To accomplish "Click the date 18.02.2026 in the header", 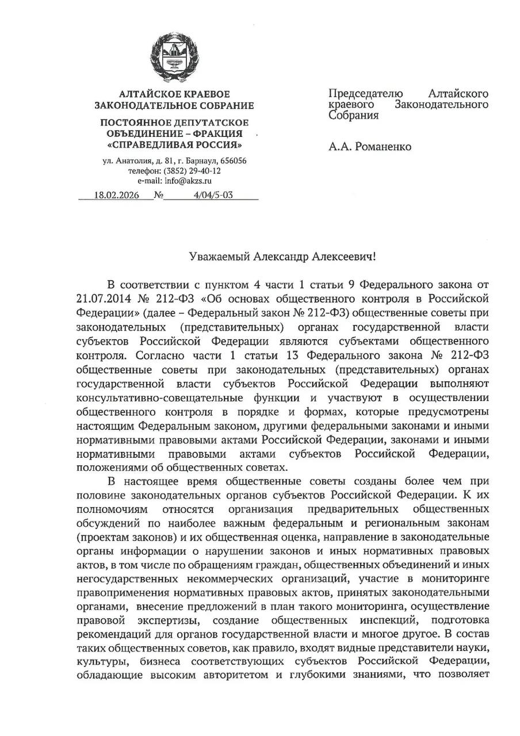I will (114, 195).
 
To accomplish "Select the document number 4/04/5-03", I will (213, 195).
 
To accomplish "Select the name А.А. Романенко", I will (370, 147).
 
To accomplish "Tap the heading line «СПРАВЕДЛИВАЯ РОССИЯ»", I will (174, 144).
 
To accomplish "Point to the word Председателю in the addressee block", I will (366, 93).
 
